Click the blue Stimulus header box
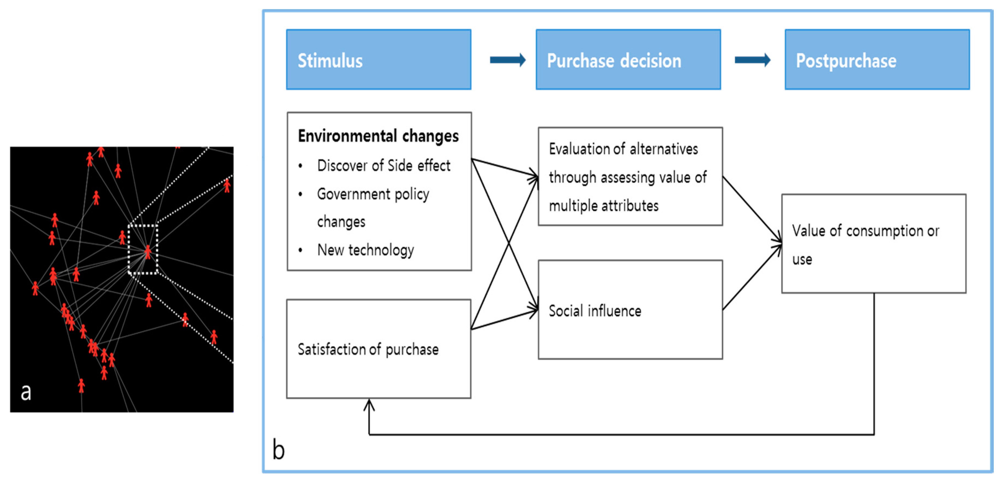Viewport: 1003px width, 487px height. point(379,59)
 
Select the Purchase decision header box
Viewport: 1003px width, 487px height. point(628,59)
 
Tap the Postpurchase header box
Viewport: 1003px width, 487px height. point(877,59)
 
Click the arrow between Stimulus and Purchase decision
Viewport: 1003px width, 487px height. point(507,60)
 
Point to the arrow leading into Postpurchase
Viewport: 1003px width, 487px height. point(752,60)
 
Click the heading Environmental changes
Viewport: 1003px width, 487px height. point(378,136)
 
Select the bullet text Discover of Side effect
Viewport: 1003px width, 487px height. point(383,166)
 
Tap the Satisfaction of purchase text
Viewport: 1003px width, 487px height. point(368,349)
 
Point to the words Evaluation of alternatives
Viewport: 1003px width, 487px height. point(623,149)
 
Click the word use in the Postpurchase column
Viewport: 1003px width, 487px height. point(802,259)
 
